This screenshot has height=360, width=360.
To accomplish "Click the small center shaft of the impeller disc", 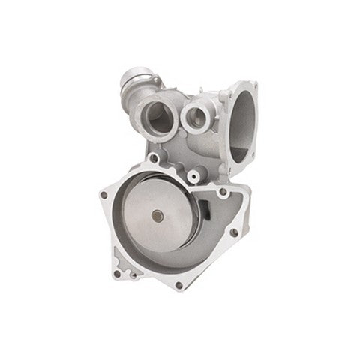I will tap(157, 217).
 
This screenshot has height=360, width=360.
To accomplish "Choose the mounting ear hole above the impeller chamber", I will tap(154, 159).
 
